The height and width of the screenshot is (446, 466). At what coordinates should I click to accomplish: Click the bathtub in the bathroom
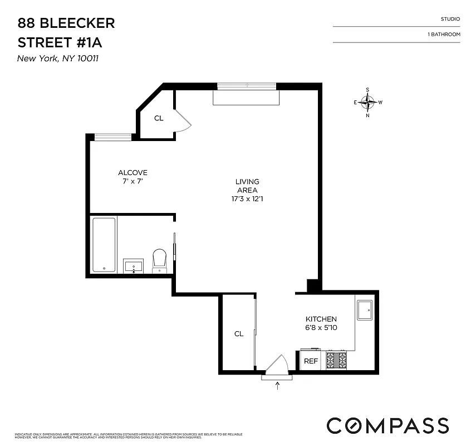pos(104,245)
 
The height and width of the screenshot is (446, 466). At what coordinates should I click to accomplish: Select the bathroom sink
pos(134,266)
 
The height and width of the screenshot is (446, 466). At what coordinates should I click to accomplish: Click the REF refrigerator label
pos(311,361)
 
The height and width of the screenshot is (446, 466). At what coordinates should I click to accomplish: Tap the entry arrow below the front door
pos(277,386)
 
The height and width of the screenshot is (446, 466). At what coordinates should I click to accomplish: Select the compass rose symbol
pos(367,102)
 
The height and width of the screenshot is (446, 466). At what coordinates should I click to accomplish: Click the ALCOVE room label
pos(133,173)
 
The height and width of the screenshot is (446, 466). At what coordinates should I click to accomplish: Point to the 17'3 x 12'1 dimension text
pos(247,198)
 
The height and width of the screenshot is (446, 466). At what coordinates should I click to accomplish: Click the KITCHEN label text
pos(321,319)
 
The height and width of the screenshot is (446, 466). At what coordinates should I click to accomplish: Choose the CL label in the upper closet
pos(159,118)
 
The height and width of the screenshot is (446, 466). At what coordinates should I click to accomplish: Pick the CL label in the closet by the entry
pos(239,334)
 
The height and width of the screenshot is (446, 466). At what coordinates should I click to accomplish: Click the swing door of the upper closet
pos(183,120)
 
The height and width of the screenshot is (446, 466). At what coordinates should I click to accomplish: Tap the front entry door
pos(277,365)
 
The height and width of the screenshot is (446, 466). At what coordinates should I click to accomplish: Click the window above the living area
pos(246,86)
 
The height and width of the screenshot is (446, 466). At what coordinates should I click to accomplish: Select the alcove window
pos(112,137)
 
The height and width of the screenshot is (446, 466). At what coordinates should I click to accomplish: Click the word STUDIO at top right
pos(450,19)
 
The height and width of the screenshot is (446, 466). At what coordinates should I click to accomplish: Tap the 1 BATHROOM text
pos(444,35)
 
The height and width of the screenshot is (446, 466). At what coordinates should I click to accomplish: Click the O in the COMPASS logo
pos(351,425)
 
